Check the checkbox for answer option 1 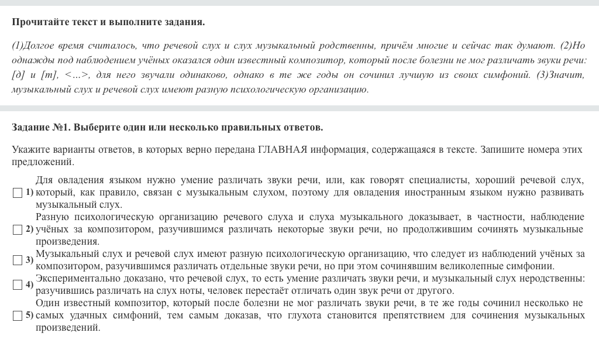[x=18, y=193]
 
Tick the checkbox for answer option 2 [x=18, y=229]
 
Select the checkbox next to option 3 [x=18, y=260]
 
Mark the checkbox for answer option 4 [x=18, y=285]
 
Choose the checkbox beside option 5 [x=18, y=316]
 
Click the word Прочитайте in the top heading [x=40, y=22]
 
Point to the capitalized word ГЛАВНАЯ [x=283, y=149]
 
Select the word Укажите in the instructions [x=29, y=149]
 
